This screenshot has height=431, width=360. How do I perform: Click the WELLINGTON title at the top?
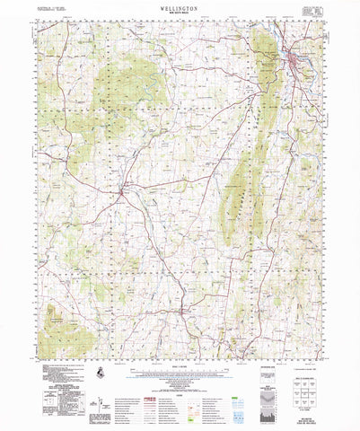pos(179,6)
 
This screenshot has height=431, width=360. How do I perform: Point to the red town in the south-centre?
pos(185,312)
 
